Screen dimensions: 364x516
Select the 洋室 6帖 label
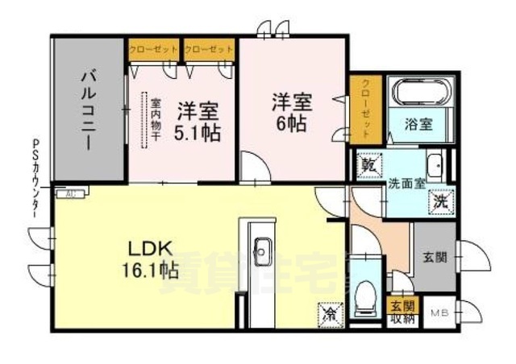tap(291, 114)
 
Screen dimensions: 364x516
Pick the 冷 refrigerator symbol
tap(330, 309)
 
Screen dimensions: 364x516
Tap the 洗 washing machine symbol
tap(441, 201)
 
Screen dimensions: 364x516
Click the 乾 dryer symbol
tap(369, 163)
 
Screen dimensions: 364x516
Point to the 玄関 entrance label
tap(435, 258)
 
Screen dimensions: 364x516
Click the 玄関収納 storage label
tap(402, 311)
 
